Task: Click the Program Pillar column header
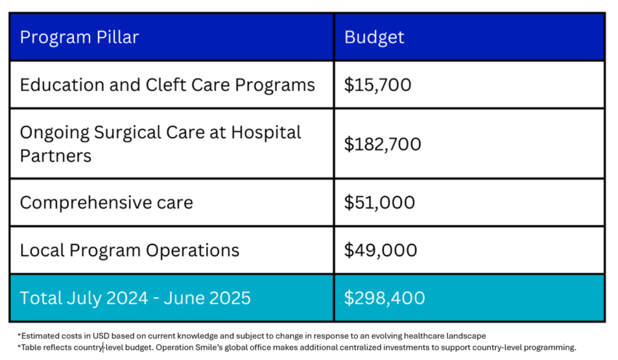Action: pyautogui.click(x=79, y=37)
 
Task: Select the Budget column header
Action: pyautogui.click(x=374, y=37)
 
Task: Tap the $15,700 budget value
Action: pyautogui.click(x=378, y=85)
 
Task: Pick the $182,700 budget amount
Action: pyautogui.click(x=383, y=144)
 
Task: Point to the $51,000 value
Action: pyautogui.click(x=380, y=202)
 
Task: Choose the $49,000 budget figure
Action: pyautogui.click(x=381, y=250)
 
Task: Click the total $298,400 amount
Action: pyautogui.click(x=385, y=297)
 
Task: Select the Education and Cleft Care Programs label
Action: pyautogui.click(x=167, y=85)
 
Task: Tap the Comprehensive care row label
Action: pyautogui.click(x=106, y=202)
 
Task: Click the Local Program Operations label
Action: pyautogui.click(x=129, y=250)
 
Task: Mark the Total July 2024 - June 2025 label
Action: pyautogui.click(x=135, y=297)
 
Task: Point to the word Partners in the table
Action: pyautogui.click(x=55, y=156)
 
